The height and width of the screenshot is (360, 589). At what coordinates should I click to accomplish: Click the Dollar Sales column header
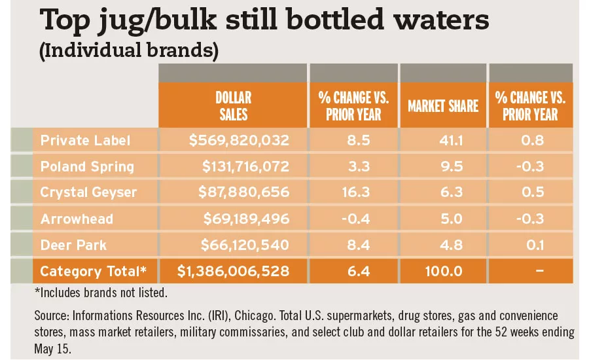click(232, 105)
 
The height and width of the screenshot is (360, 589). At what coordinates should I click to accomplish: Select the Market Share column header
click(443, 106)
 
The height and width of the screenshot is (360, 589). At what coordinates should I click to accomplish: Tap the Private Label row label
click(85, 140)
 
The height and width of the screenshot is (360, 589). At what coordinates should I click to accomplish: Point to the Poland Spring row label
click(87, 166)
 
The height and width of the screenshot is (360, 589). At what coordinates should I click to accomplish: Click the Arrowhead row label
click(77, 219)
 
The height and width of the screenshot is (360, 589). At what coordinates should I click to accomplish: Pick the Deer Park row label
click(73, 245)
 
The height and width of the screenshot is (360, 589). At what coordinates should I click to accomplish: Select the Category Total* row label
click(93, 271)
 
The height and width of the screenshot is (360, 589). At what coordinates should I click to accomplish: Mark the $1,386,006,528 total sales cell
click(234, 271)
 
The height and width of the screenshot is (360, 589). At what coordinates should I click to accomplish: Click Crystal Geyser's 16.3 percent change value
click(353, 192)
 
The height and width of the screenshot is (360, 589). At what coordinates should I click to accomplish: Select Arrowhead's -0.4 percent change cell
click(353, 219)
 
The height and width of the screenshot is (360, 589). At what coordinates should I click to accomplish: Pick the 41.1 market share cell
click(443, 140)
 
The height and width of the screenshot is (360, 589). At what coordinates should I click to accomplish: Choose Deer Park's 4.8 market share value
click(443, 245)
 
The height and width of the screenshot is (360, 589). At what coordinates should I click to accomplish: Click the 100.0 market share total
click(443, 271)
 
